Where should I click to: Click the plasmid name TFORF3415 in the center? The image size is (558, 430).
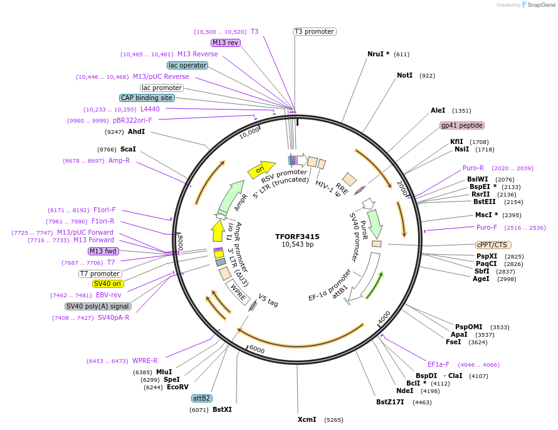297,237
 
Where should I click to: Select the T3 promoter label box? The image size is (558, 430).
314,31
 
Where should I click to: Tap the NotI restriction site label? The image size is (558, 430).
404,75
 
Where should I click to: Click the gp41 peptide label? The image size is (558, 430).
462,125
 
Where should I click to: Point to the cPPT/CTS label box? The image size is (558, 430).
493,245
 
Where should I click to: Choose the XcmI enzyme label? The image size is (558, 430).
307,419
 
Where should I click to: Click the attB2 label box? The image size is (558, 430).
202,398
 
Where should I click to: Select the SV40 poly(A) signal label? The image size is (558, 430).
98,306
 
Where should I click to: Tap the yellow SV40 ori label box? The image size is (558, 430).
108,284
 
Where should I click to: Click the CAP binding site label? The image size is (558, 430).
147,98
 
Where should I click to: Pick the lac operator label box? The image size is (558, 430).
187,65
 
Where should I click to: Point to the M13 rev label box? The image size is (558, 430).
225,43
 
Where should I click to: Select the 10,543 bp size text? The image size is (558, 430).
297,245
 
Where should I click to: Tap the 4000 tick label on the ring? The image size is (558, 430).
384,318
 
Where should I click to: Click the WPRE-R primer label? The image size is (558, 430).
145,361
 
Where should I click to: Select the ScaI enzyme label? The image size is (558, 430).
128,149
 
